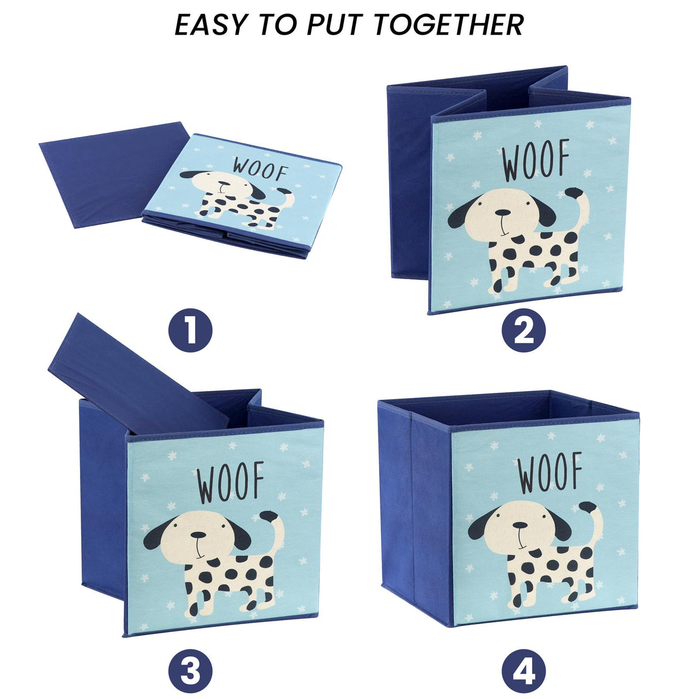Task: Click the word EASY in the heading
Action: point(212,25)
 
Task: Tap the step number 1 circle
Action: point(190,331)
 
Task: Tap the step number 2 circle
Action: point(523,331)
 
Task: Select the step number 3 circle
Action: point(190,671)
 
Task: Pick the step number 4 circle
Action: point(523,671)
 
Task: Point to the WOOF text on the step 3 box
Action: point(230,482)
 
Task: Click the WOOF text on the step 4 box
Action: point(550,473)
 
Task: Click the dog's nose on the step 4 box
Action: point(519,526)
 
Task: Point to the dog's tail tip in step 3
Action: point(268,516)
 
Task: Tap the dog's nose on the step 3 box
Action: point(199,535)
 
